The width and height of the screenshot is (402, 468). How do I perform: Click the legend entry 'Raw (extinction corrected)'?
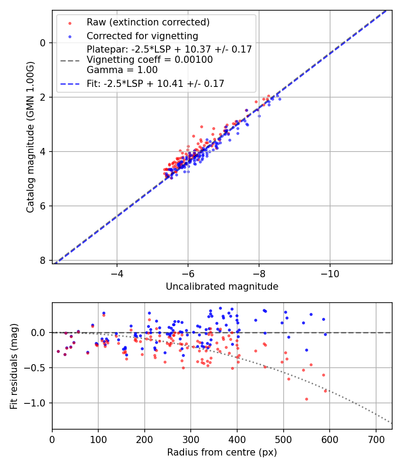point(148,22)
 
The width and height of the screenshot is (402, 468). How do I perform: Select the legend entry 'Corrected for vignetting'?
point(142,36)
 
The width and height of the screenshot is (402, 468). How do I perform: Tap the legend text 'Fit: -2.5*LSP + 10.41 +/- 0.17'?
point(155,83)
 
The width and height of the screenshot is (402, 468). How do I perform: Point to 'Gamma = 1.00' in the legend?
point(122,70)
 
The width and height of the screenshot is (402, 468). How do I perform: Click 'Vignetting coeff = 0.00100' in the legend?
point(150,59)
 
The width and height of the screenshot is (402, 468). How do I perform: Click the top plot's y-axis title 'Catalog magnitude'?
point(30,136)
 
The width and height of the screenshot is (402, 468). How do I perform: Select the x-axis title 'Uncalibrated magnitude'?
point(222,287)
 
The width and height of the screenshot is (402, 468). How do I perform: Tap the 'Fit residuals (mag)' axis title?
point(14,366)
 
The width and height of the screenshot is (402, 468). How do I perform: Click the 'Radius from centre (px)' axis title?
point(222,452)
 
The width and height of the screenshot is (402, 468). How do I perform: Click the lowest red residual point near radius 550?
point(306,399)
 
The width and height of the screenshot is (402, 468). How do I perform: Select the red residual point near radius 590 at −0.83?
point(325,391)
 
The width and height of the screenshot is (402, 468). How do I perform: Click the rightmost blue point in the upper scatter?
point(280,99)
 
